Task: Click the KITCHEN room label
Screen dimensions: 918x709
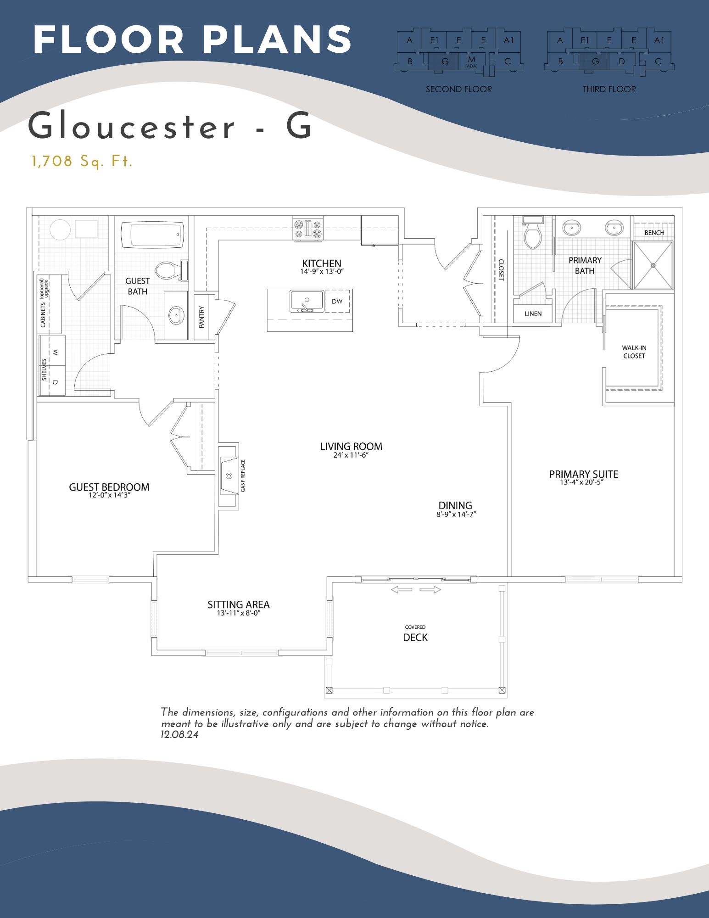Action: [321, 263]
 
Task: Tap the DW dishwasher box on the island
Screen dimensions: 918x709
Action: [337, 302]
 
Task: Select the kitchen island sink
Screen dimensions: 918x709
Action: [307, 301]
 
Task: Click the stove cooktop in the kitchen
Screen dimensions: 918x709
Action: [308, 229]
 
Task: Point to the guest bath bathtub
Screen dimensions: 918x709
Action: [152, 235]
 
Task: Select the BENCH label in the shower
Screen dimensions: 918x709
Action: [654, 233]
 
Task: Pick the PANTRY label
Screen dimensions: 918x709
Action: [201, 317]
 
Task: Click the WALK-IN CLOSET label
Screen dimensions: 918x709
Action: [634, 352]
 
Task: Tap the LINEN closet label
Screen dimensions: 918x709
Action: [533, 314]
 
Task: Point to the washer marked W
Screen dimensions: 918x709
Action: [55, 353]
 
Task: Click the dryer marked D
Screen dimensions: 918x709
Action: [55, 381]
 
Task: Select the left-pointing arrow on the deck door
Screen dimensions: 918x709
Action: [401, 590]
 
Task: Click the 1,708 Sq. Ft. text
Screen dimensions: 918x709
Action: [82, 162]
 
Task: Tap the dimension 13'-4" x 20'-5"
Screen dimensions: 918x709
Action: [583, 483]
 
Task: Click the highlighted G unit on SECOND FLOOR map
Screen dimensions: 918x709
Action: [444, 62]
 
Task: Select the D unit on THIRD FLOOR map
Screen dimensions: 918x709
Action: [621, 62]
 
